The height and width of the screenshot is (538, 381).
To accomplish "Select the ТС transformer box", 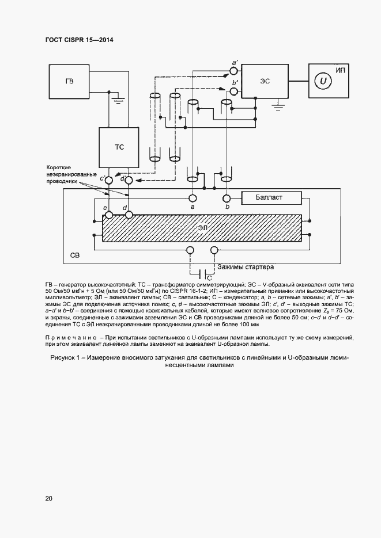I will pyautogui.click(x=119, y=147).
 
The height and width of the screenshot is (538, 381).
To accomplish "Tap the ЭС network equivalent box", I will pyautogui.click(x=265, y=81).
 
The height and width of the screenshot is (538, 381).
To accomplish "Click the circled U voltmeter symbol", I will pyautogui.click(x=324, y=81).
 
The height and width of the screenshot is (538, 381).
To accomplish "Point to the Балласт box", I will pyautogui.click(x=271, y=198).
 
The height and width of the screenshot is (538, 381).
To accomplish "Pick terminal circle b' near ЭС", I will pyautogui.click(x=233, y=90).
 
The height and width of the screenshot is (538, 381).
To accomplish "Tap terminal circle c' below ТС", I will pyautogui.click(x=108, y=180).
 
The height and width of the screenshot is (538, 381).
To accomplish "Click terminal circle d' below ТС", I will pyautogui.click(x=129, y=180).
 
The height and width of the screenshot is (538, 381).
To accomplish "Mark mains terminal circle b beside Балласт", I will pyautogui.click(x=228, y=197).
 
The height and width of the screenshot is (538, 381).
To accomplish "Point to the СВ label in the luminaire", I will pyautogui.click(x=75, y=254).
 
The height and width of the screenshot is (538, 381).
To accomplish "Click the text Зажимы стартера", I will pyautogui.click(x=245, y=267).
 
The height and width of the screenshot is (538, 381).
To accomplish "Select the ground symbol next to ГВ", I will pyautogui.click(x=119, y=101).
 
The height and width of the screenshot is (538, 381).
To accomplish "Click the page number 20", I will pyautogui.click(x=48, y=498).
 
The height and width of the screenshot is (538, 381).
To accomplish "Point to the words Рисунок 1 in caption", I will pyautogui.click(x=62, y=358).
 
